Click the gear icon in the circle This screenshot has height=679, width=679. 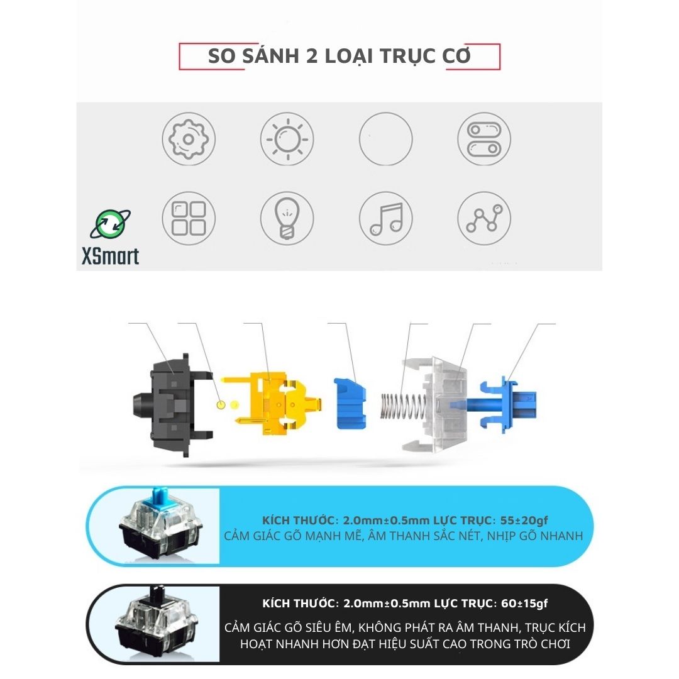[x=189, y=139]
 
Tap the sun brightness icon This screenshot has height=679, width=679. [x=287, y=139]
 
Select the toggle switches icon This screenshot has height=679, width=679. [x=484, y=139]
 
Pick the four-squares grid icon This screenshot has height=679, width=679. [x=189, y=218]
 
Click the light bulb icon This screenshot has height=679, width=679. [x=287, y=218]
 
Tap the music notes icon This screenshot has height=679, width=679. [x=386, y=218]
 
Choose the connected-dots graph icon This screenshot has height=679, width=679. [x=484, y=218]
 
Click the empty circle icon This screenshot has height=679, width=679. [x=386, y=113]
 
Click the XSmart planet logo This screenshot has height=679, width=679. [x=111, y=224]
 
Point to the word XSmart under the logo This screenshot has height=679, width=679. [x=111, y=256]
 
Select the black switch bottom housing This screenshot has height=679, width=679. [x=172, y=406]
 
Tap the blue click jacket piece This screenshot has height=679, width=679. [x=350, y=404]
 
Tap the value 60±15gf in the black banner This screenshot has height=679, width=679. [x=524, y=603]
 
